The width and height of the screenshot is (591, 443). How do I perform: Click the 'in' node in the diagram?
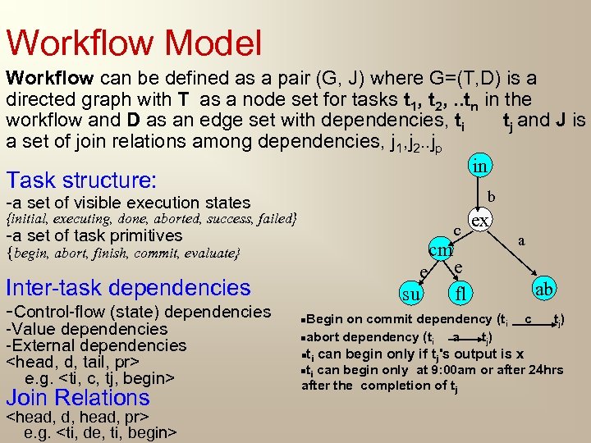(x=481, y=167)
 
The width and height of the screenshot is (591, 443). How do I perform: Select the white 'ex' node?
(x=480, y=221)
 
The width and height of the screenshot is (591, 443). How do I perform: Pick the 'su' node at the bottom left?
(x=412, y=293)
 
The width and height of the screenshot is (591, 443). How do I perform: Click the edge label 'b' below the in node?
(x=491, y=197)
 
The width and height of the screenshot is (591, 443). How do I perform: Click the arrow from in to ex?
(x=481, y=194)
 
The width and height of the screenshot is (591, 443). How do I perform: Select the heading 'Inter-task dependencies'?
(x=128, y=287)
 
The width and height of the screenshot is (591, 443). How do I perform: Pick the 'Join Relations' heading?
(x=78, y=398)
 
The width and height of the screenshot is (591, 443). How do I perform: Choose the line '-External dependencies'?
(x=96, y=345)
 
